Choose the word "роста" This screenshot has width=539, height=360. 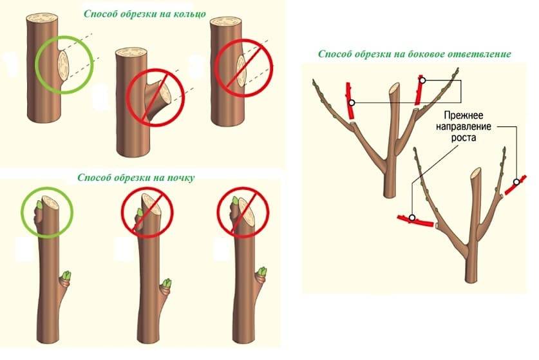tap(463, 137)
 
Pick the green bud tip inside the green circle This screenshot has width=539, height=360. tap(39, 205)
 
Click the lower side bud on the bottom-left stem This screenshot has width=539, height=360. tap(66, 278)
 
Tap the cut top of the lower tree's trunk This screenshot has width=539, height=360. tap(476, 172)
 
